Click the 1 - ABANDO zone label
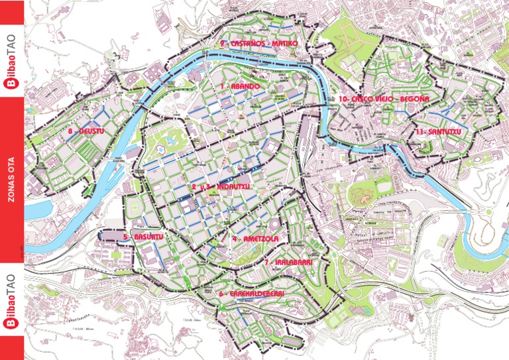[x=241, y=86]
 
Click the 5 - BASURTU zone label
[x=143, y=237]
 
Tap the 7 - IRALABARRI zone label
[x=288, y=263]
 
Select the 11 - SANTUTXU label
[x=438, y=132]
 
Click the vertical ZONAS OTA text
[x=11, y=180]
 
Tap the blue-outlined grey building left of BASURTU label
[x=110, y=236]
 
